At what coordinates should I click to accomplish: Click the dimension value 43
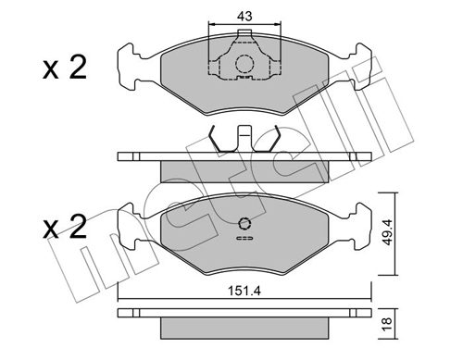pyautogui.click(x=244, y=16)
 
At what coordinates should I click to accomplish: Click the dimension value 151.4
pyautogui.click(x=244, y=291)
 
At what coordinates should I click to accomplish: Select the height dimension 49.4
pyautogui.click(x=387, y=232)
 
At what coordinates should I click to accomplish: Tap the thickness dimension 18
pyautogui.click(x=387, y=324)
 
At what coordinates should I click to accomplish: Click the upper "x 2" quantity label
pyautogui.click(x=65, y=68)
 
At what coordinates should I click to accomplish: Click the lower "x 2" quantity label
pyautogui.click(x=65, y=227)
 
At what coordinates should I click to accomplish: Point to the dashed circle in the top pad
pyautogui.click(x=244, y=64)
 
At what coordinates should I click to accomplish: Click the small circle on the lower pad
pyautogui.click(x=244, y=224)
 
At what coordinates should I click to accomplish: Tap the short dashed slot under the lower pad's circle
pyautogui.click(x=244, y=238)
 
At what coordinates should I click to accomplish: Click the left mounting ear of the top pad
pyautogui.click(x=130, y=68)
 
